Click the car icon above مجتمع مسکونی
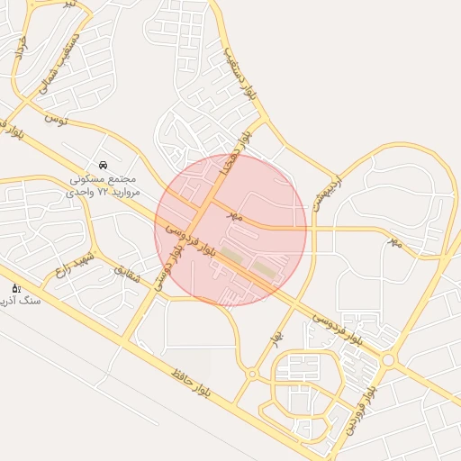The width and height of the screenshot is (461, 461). click(x=104, y=166)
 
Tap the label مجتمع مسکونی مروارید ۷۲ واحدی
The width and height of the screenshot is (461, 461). click(x=104, y=185)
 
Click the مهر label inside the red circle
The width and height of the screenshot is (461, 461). click(x=235, y=217)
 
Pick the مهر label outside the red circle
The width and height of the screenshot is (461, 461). click(x=394, y=241)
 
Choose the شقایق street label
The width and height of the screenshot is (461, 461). click(x=126, y=274)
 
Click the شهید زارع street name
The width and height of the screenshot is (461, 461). click(x=74, y=256)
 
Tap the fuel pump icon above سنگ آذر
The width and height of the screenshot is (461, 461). click(x=16, y=288)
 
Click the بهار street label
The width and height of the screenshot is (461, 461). click(x=276, y=338)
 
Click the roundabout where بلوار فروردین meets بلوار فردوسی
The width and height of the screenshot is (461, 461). click(x=388, y=360)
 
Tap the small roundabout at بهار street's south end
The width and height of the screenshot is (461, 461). click(x=251, y=373)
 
